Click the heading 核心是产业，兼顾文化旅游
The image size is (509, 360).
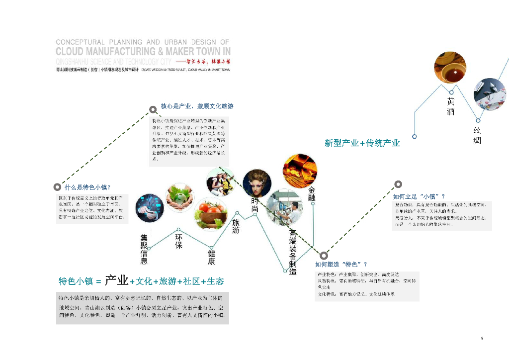[x=197, y=106]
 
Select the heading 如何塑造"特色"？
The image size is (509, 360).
[x=341, y=264]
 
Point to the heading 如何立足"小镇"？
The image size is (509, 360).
[x=419, y=196]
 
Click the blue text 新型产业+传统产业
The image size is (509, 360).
[x=362, y=143]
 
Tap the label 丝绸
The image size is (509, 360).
[x=477, y=136]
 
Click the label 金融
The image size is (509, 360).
[x=312, y=194]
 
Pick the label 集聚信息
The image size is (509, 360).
[x=144, y=249]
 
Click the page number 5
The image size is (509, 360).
[x=482, y=339]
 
